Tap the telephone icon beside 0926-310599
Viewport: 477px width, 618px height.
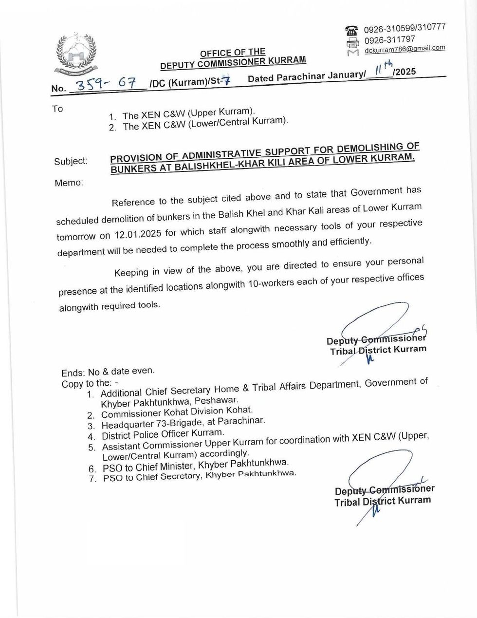tap(351, 30)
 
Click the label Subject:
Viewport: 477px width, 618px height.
tap(71, 161)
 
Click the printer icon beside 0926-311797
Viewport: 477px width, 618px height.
tap(351, 41)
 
